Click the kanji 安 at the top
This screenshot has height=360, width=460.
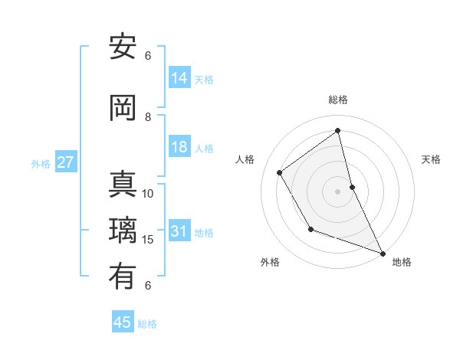(123, 47)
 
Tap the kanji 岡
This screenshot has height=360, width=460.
(123, 107)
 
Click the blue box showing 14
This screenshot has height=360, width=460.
(179, 77)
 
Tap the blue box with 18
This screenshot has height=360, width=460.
(179, 147)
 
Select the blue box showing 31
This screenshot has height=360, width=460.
(179, 231)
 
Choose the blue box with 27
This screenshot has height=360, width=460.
(66, 162)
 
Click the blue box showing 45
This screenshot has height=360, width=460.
(123, 322)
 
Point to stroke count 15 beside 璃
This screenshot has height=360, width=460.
(149, 240)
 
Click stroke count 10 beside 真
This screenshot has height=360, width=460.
(148, 194)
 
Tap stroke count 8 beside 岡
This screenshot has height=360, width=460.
(148, 116)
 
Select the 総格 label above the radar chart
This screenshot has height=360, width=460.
(338, 100)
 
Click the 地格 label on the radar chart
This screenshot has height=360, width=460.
(402, 262)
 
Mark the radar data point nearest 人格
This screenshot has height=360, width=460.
(280, 173)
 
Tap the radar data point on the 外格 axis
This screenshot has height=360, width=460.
(310, 229)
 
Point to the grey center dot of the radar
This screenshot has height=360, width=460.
(337, 191)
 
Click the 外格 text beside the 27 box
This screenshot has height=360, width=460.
(40, 163)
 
